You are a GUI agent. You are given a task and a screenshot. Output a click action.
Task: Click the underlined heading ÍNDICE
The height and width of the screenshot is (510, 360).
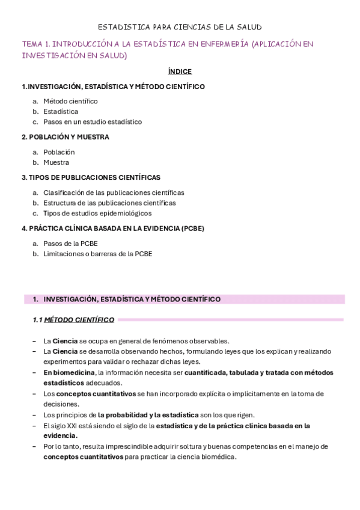[x=180, y=71]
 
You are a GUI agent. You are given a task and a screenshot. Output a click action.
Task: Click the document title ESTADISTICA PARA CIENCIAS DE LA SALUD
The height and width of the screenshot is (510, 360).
[x=180, y=27]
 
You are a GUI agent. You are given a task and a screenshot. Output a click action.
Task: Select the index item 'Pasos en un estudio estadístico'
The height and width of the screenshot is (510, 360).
[x=93, y=121]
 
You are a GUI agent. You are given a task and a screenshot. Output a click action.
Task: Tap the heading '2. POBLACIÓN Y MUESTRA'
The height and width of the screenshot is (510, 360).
[x=66, y=137]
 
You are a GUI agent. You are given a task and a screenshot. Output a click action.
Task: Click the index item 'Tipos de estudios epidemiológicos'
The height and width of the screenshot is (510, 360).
[x=97, y=213]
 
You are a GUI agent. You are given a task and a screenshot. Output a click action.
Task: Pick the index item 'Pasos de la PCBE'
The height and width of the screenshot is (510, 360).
[x=70, y=244]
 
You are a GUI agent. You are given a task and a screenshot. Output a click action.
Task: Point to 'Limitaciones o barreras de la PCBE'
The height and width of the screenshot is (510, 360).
[x=97, y=254]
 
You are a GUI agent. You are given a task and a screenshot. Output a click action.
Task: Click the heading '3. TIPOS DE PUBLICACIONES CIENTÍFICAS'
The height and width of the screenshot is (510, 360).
[x=91, y=177]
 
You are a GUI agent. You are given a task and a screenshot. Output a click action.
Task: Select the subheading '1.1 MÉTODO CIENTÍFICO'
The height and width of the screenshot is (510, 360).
[x=73, y=320]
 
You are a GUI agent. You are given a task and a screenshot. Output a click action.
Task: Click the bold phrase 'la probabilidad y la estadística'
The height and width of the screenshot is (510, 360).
[x=148, y=415]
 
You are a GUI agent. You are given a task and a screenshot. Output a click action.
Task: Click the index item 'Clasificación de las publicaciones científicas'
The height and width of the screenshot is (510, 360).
[x=114, y=192]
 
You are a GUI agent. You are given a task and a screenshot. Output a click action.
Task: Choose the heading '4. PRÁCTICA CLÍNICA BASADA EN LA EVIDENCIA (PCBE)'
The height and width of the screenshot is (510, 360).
[x=113, y=229]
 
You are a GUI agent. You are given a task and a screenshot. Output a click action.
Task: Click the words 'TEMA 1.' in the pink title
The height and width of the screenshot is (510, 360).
[x=36, y=44]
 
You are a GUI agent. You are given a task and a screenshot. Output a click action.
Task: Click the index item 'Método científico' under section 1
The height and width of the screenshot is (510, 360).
[x=70, y=101]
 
